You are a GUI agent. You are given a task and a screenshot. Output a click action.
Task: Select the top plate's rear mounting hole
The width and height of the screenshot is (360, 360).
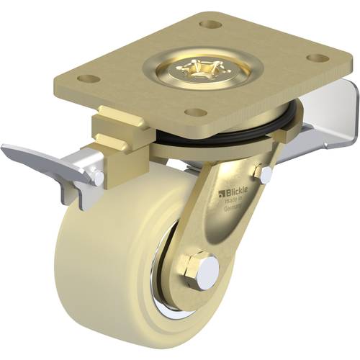tap(210, 24)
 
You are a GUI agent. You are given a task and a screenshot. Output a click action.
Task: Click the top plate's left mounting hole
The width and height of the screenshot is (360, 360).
tap(88, 78)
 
